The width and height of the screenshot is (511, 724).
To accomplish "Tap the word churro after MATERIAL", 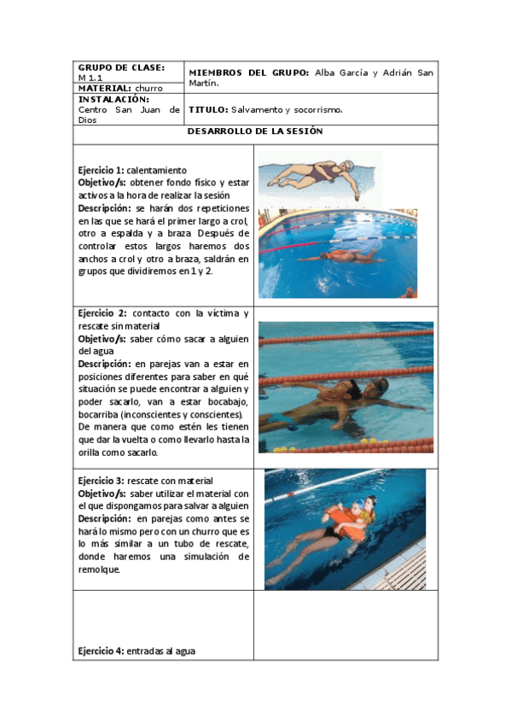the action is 148,88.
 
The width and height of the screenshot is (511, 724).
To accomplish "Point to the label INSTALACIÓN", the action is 113,99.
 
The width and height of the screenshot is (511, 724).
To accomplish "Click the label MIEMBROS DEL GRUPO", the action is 248,73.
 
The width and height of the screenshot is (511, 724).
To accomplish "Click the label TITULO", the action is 207,110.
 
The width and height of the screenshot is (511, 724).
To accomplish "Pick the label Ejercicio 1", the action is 100,170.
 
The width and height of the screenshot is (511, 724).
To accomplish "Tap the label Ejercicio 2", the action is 101,313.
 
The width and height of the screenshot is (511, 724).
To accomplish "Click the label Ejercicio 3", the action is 101,481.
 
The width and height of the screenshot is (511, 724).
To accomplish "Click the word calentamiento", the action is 157,170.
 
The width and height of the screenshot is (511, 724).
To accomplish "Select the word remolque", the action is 99,569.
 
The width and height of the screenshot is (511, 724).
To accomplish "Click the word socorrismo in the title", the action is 316,110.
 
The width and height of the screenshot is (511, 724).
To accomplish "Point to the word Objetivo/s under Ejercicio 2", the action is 102,338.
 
